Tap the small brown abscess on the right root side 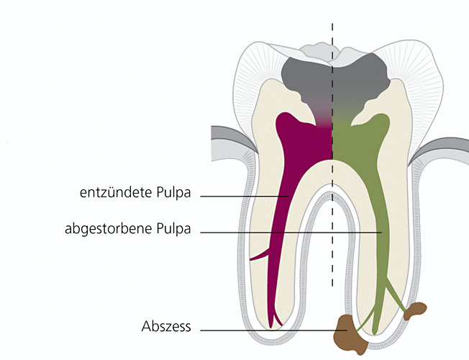415,311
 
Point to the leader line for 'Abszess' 273,330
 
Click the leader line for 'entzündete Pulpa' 245,195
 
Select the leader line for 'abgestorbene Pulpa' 288,233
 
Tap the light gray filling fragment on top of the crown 317,50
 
